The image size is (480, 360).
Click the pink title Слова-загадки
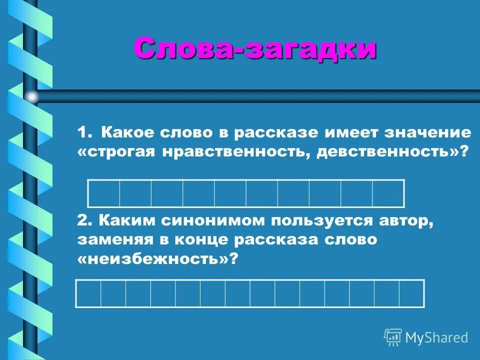pos(254,49)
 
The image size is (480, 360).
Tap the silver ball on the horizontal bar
pos(32,96)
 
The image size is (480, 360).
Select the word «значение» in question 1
pos(428,132)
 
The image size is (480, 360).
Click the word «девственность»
pos(384,152)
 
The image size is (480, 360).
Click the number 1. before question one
pos(85,132)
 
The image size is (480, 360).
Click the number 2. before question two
pos(85,220)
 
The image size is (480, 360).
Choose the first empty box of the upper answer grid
pos(103,192)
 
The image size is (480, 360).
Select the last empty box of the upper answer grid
pos(388,192)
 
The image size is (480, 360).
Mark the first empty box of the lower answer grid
pos(88,293)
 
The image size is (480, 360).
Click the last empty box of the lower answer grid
pos(411,293)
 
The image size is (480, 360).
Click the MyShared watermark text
pos(436,337)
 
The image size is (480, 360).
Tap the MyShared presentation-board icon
pos(393,337)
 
